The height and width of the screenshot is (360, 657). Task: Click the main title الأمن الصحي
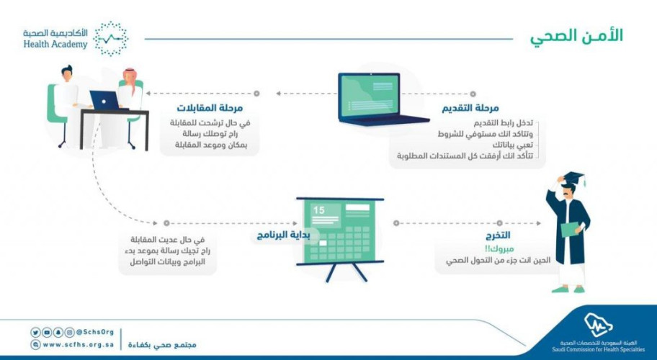click(x=576, y=36)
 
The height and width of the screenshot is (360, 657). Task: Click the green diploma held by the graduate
click(x=570, y=228)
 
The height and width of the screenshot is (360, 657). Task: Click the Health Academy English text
click(x=55, y=45)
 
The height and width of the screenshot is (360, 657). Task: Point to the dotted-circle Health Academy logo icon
click(x=111, y=38)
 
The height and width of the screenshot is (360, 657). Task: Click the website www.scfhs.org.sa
click(x=73, y=345)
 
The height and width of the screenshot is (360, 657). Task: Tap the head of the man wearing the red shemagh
click(x=129, y=75)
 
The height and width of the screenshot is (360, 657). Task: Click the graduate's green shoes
click(x=570, y=289)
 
